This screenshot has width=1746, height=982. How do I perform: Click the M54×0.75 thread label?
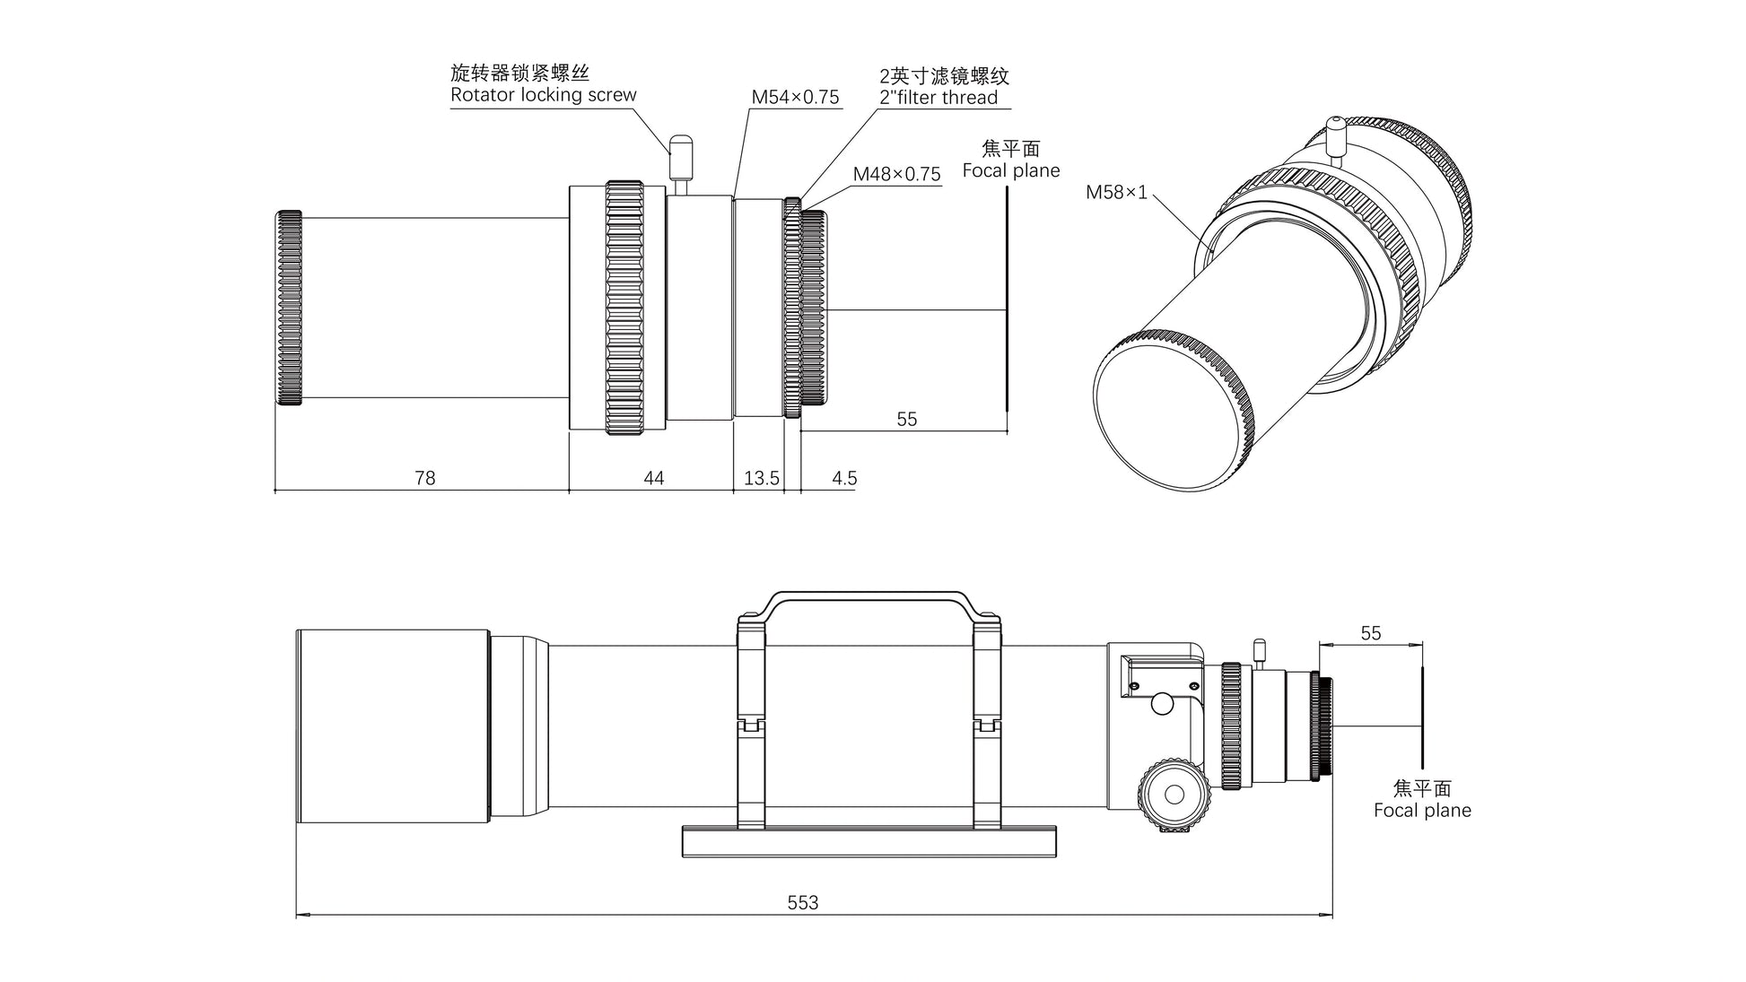795,97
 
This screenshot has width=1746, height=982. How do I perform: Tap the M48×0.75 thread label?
896,174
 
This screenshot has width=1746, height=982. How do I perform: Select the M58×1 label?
1116,192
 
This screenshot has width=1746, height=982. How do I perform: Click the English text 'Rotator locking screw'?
543,95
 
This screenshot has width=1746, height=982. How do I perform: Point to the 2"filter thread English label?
938,98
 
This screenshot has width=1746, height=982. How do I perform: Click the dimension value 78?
424,478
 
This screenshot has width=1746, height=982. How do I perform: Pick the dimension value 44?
653,478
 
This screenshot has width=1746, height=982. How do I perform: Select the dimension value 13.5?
761,478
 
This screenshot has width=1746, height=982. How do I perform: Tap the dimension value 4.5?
844,478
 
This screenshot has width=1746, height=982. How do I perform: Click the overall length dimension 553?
803,902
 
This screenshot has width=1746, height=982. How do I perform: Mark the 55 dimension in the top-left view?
906,419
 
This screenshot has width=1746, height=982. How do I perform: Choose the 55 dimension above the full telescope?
1370,633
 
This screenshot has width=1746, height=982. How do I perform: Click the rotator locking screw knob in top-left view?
681,147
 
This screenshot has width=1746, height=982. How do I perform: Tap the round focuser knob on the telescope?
1173,793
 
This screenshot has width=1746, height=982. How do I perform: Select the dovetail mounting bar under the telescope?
869,841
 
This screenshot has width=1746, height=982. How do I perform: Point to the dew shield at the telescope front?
393,726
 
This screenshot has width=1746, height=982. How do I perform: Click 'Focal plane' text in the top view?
1011,170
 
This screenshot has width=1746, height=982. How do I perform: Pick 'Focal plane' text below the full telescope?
1422,811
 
